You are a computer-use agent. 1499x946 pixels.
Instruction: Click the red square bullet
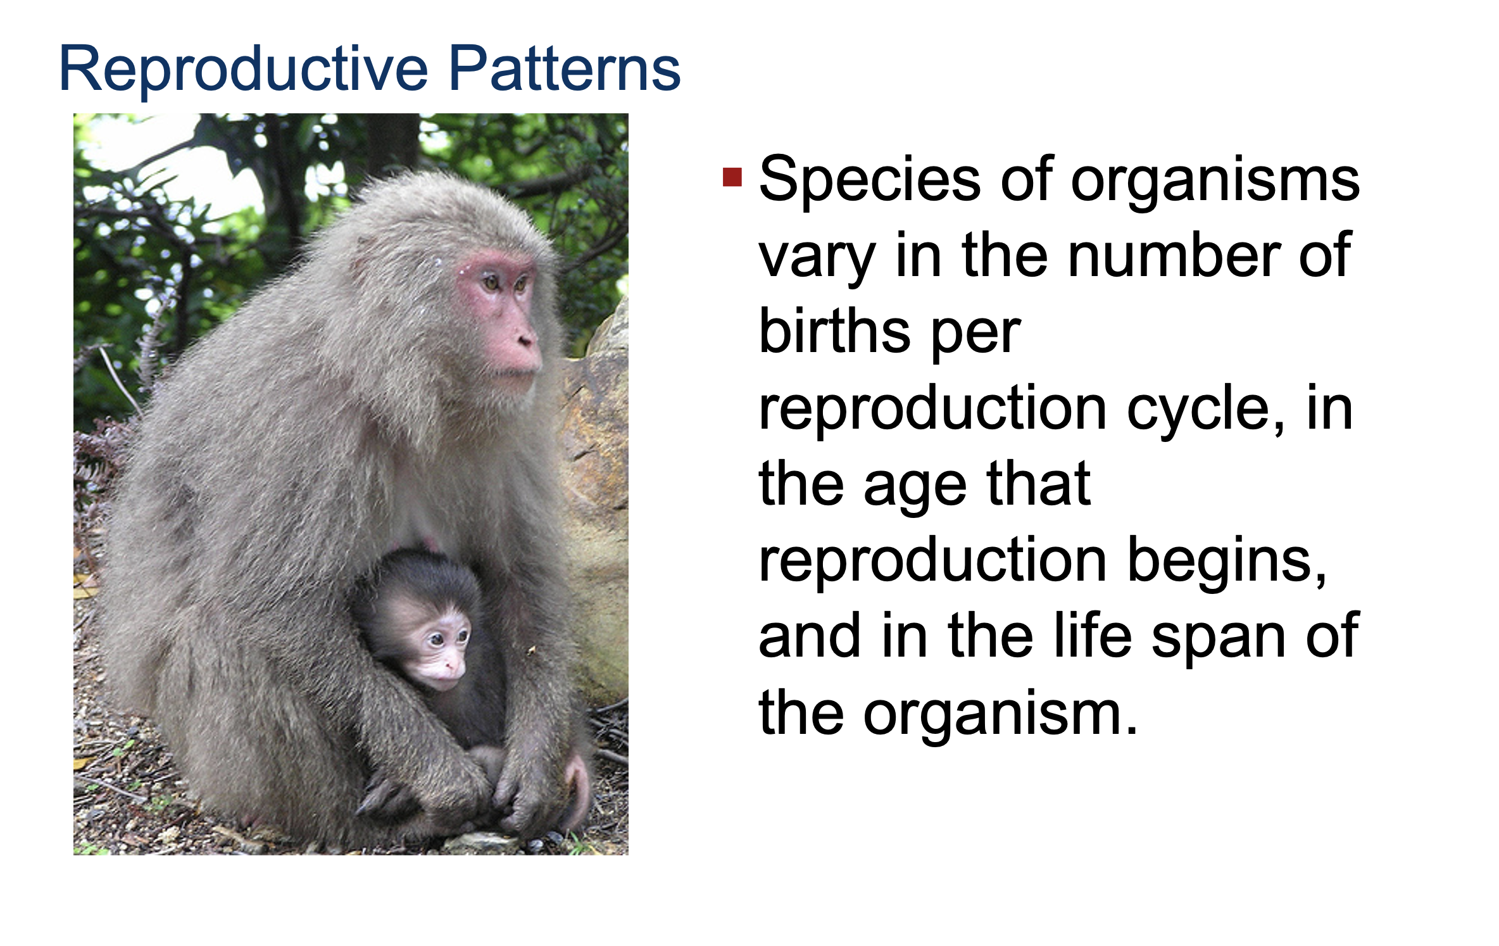click(732, 177)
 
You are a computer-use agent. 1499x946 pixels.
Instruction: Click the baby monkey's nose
click(452, 665)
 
